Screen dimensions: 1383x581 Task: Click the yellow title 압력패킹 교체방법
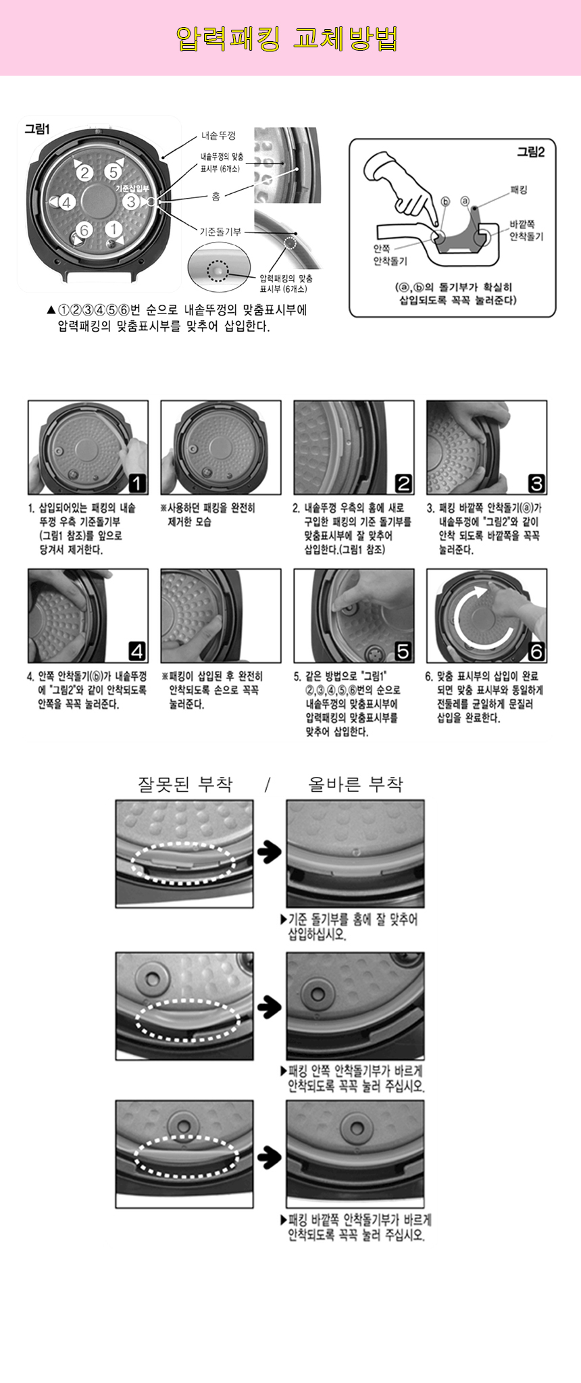point(286,39)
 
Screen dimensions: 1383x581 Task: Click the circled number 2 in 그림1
point(84,173)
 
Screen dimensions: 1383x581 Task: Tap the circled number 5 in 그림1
point(113,172)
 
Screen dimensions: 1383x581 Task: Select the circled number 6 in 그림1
point(84,230)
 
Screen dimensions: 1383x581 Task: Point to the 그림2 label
point(530,152)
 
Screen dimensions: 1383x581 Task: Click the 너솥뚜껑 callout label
point(218,136)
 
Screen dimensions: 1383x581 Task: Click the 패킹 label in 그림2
point(519,190)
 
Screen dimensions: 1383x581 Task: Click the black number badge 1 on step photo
point(137,483)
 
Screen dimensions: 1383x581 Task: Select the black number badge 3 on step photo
point(536,483)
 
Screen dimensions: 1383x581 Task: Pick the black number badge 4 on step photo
point(137,651)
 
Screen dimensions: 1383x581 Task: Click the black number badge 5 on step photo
point(403,651)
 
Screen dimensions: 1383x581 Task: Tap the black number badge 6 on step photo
point(536,651)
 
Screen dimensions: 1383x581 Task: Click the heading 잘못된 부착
point(185,784)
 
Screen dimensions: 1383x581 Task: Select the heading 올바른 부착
point(355,784)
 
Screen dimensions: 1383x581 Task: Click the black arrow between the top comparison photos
point(270,852)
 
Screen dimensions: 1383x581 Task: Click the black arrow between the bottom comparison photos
point(270,1157)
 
